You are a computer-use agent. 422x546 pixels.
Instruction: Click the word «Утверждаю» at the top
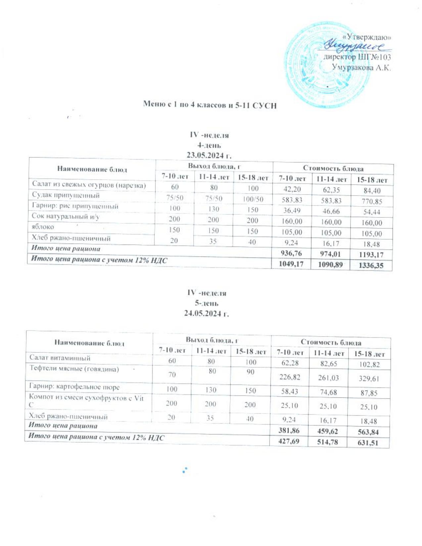[x=372, y=37]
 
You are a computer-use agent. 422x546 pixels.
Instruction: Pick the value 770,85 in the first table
[x=371, y=202]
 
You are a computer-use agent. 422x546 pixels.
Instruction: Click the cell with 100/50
[x=252, y=199]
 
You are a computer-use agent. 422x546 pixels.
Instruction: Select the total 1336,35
[x=371, y=266]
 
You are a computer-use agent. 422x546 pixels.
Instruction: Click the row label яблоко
[x=43, y=227]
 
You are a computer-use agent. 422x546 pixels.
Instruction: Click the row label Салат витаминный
[x=60, y=358]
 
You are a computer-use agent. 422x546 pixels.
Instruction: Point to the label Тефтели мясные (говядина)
[x=74, y=369]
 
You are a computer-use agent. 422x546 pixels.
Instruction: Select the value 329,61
[x=369, y=378]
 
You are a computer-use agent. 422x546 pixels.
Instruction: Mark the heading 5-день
[x=207, y=303]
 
